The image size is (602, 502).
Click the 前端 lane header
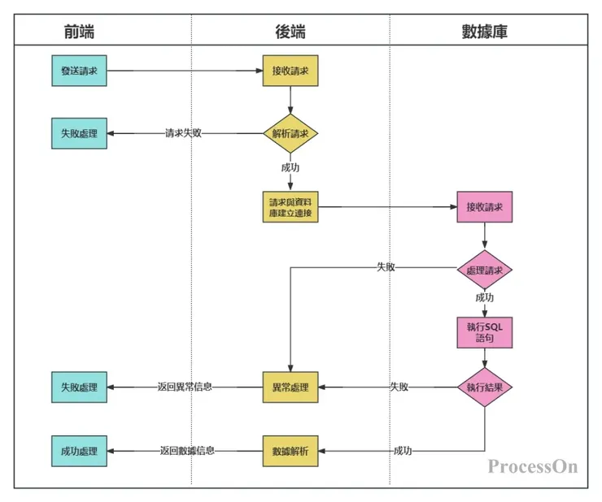pos(79,32)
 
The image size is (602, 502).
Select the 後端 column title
pos(290,32)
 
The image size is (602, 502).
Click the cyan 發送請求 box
pos(79,71)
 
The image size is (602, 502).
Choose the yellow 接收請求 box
pos(290,71)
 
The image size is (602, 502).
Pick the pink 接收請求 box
pos(485,207)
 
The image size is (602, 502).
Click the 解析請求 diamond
pos(290,133)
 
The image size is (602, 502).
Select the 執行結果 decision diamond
pos(485,387)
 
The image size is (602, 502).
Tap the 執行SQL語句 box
pos(485,331)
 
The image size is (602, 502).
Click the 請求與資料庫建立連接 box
pos(290,207)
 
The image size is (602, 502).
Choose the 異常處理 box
pos(290,387)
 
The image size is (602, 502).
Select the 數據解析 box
pos(290,450)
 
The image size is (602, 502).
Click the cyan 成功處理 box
pos(79,450)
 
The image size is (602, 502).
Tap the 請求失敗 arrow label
pos(183,133)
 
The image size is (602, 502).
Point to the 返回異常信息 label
pos(185,387)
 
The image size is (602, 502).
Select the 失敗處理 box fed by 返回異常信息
pos(79,387)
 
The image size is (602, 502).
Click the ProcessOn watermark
pos(533,466)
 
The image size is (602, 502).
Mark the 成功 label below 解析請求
pos(290,167)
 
